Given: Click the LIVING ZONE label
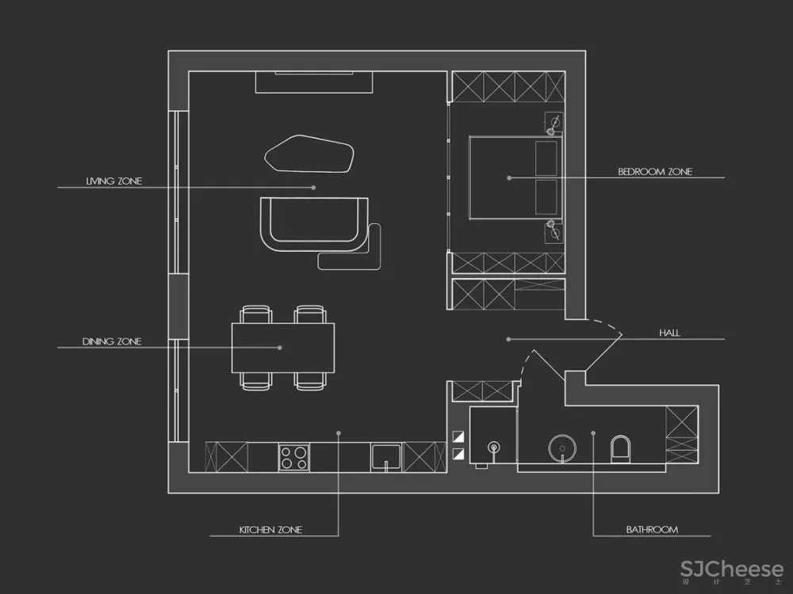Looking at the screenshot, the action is [x=113, y=181].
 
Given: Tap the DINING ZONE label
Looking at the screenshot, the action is [x=112, y=341].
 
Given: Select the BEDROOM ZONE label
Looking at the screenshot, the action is [x=655, y=172].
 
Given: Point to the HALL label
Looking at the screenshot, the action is [x=669, y=333].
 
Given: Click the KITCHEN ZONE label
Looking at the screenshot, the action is [x=270, y=529].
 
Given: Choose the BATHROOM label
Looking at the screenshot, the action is [x=652, y=529].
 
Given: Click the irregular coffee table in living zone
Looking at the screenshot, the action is [x=309, y=154].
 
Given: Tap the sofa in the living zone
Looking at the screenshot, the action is [x=314, y=224].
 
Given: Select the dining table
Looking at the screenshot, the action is [x=283, y=348].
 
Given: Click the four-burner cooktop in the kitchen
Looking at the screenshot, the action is [x=294, y=457].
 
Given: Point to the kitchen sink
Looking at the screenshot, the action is [x=386, y=457].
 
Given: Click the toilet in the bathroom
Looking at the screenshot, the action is [x=621, y=448].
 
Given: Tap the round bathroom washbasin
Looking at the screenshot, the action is [x=562, y=448].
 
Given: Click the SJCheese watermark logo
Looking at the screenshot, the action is [x=732, y=569].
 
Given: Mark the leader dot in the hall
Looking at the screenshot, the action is [x=508, y=340].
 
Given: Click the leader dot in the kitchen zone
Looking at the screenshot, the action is [x=339, y=433].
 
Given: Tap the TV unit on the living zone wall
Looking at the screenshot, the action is [x=314, y=82].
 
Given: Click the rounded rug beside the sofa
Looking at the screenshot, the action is [x=350, y=247].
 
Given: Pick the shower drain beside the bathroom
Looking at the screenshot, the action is [x=493, y=447].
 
